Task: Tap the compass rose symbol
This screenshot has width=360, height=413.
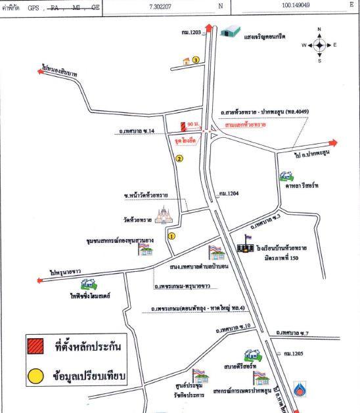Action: click(318, 45)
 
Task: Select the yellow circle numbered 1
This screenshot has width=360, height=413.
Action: click(171, 235)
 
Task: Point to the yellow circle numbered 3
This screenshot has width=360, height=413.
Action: click(196, 60)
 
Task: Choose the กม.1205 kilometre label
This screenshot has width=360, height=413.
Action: click(294, 353)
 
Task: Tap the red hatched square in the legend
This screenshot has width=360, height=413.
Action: click(35, 345)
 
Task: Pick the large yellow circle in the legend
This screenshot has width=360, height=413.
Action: click(35, 377)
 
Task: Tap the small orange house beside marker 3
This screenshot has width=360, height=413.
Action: click(186, 62)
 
